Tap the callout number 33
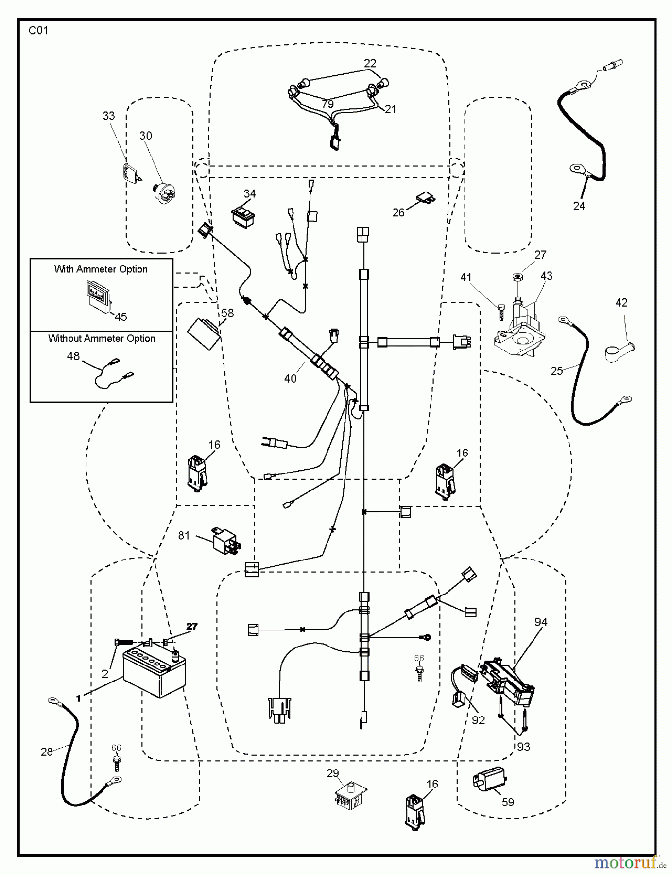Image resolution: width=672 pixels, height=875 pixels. point(109,116)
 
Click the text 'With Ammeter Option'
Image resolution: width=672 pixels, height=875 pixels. point(101,269)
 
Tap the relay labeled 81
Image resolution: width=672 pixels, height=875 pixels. point(224,540)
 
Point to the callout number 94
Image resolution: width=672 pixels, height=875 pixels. point(541,622)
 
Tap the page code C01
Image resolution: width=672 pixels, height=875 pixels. point(38,31)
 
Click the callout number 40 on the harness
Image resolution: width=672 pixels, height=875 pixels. point(290,378)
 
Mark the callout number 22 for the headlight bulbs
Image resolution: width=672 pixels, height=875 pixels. point(370,63)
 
